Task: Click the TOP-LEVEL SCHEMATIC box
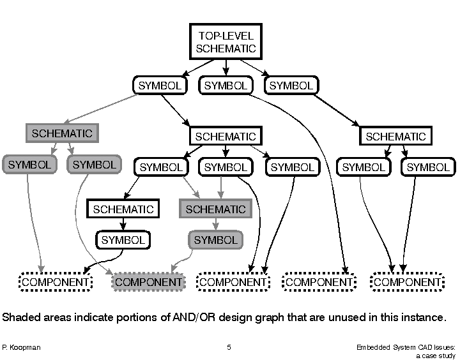point(226,41)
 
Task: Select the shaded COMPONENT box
point(148,281)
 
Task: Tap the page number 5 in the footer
point(229,347)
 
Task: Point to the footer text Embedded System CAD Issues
point(408,347)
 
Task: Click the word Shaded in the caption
point(20,317)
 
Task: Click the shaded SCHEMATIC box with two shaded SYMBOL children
point(62,133)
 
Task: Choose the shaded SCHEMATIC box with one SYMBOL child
point(215,209)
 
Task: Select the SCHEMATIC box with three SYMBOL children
point(225,136)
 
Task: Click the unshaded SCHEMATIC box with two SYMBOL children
point(395,136)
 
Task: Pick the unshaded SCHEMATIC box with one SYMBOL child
point(123,209)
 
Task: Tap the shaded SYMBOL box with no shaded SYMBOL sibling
point(215,240)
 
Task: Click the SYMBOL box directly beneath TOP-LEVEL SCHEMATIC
point(226,85)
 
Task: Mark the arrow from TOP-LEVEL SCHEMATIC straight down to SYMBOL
point(226,67)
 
